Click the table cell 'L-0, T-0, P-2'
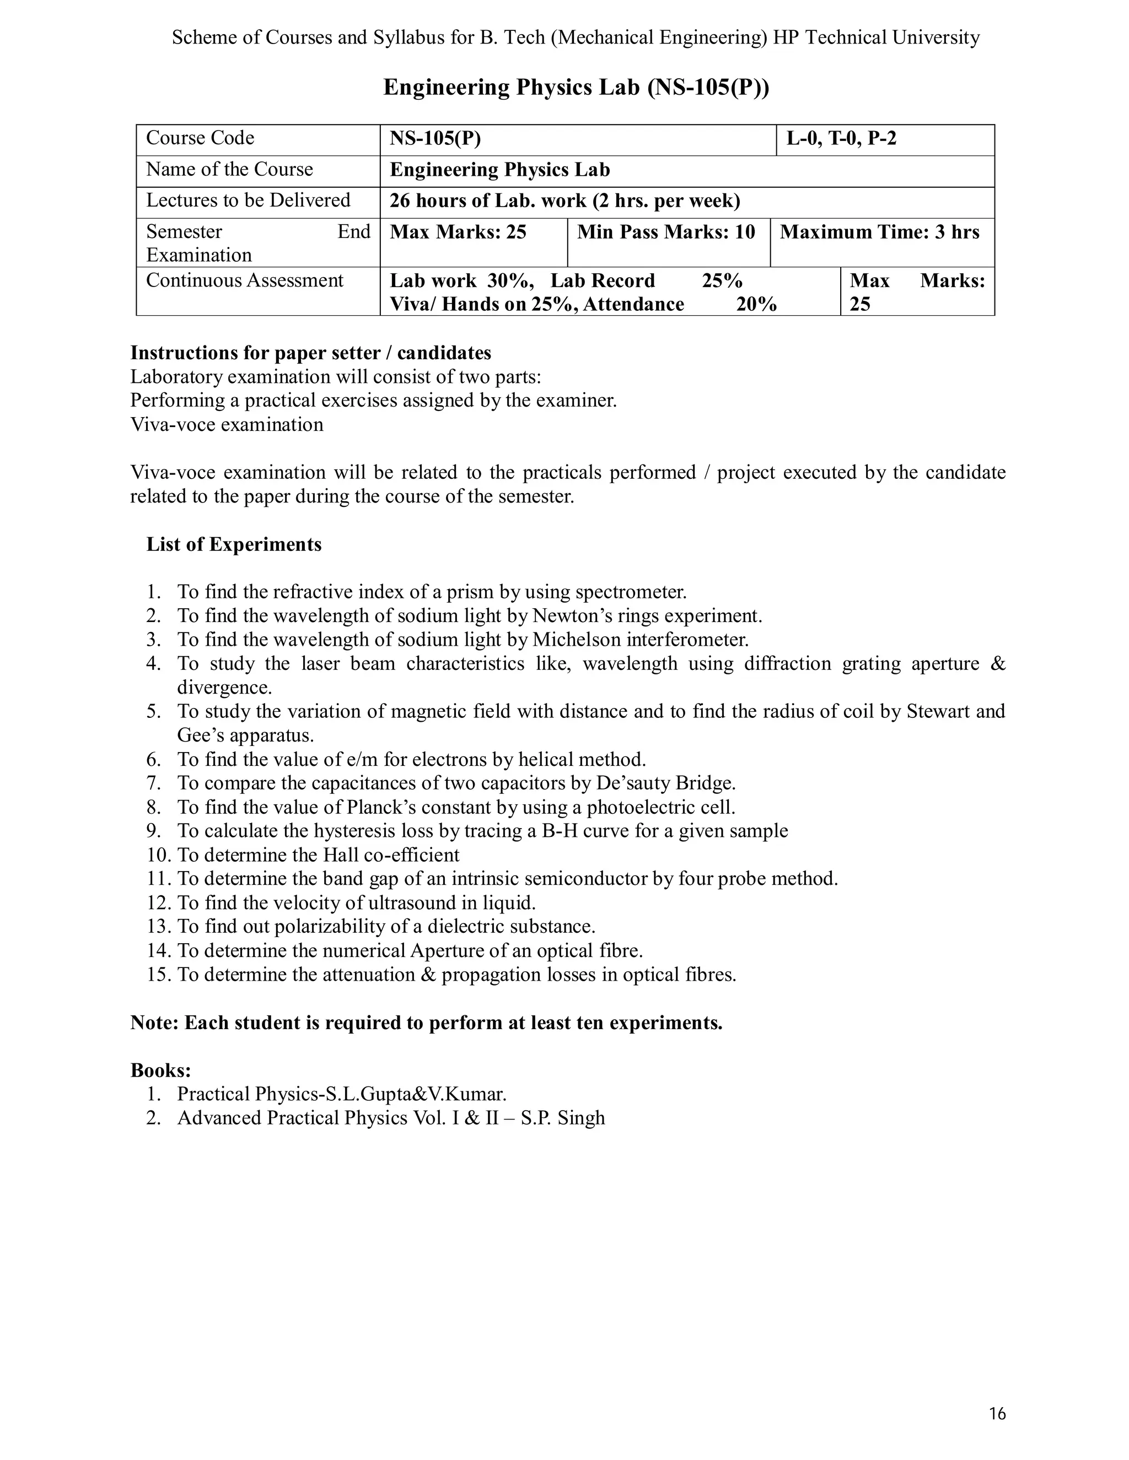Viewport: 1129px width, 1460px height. [841, 138]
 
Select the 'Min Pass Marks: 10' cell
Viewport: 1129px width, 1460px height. [665, 232]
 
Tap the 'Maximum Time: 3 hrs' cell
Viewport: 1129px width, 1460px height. [879, 232]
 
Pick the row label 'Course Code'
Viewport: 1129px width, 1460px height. [200, 138]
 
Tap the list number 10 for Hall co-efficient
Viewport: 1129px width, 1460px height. [159, 855]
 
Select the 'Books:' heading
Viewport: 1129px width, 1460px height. [160, 1070]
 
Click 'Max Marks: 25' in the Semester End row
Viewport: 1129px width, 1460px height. [458, 232]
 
